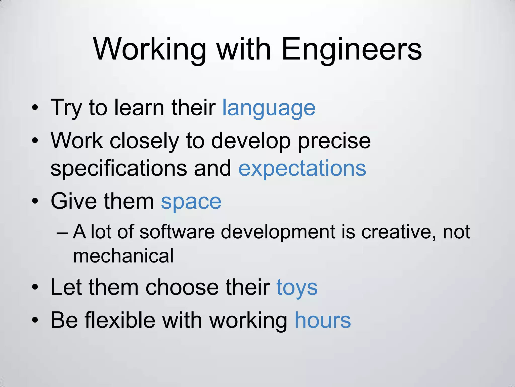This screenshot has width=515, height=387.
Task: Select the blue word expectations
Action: pos(302,168)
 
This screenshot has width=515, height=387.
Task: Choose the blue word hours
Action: pos(323,320)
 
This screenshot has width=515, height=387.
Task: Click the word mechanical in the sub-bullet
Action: pos(123,256)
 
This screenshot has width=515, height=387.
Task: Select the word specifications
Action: pos(119,168)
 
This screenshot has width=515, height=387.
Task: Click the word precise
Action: pos(334,141)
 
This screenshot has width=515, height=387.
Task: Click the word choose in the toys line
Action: pos(182,287)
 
